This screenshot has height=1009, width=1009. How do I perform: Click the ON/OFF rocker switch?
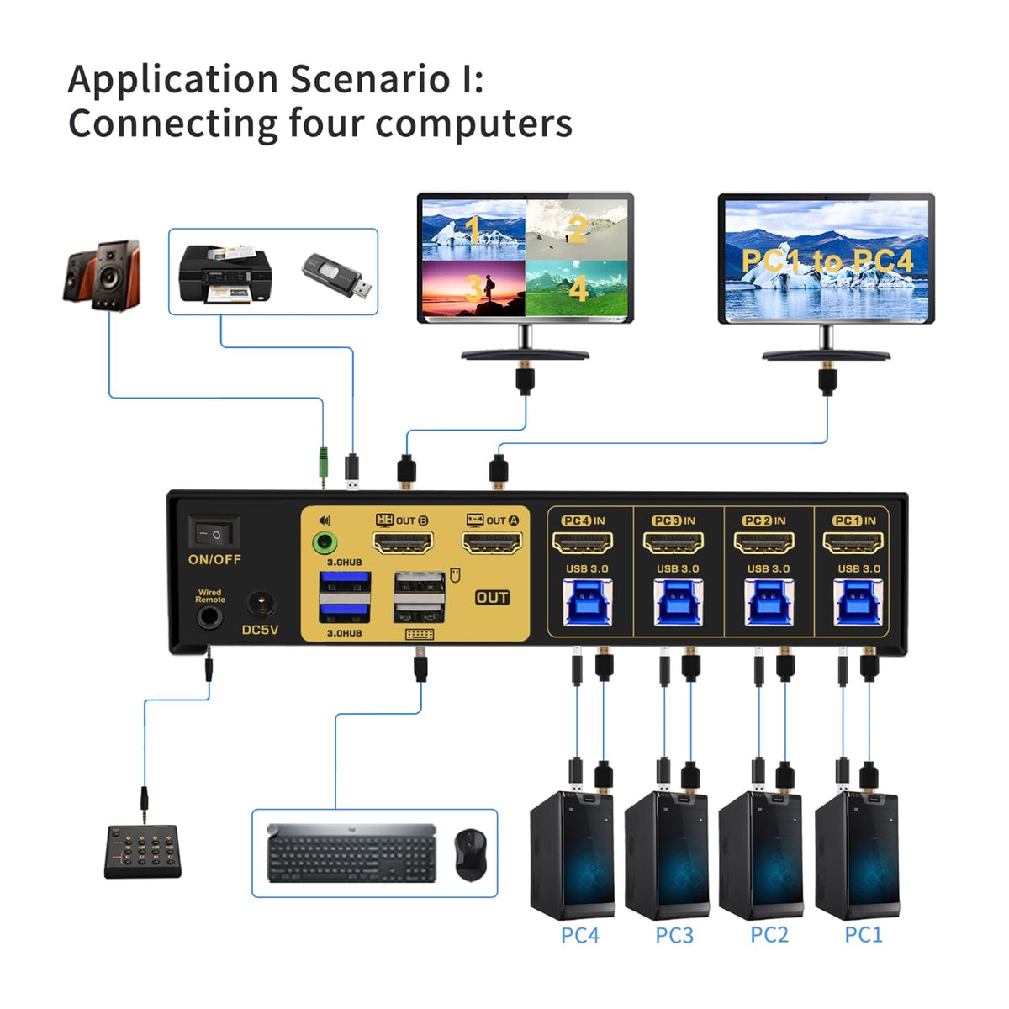tap(213, 533)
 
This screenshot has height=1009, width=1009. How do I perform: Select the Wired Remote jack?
tap(209, 618)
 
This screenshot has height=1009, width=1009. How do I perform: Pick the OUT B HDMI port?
tap(403, 543)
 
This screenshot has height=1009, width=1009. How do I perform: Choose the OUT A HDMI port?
tap(492, 543)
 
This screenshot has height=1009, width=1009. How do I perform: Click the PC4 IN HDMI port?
tap(582, 543)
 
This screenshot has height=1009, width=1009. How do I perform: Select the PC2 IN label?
tap(764, 520)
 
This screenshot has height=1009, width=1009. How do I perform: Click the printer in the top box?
tap(225, 273)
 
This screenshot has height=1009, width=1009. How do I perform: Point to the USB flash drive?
tap(337, 277)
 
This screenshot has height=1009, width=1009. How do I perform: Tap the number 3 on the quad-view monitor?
tap(473, 289)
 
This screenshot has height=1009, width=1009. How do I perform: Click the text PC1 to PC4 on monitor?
tap(827, 261)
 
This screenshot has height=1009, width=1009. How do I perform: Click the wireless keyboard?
tap(351, 853)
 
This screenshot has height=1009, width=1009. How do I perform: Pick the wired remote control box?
tap(143, 852)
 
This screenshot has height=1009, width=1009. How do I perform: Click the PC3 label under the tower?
tap(674, 935)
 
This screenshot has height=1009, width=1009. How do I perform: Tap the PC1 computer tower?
tap(856, 853)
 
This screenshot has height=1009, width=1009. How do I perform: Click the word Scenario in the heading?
tap(369, 80)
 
